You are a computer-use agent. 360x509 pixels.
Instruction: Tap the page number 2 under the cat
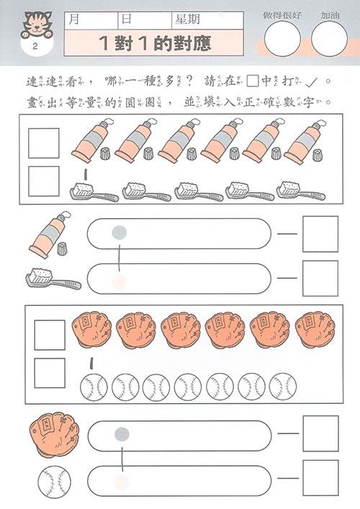34,48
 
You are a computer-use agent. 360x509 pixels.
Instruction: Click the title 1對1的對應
156,44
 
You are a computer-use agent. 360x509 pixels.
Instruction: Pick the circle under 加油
329,38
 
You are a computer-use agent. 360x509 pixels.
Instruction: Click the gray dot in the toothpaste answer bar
120,232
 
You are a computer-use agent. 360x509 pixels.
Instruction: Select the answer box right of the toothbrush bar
320,278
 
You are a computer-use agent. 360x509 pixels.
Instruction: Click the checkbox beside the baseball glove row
49,334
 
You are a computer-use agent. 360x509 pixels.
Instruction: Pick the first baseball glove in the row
91,329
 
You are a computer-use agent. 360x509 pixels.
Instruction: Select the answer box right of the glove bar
320,433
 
